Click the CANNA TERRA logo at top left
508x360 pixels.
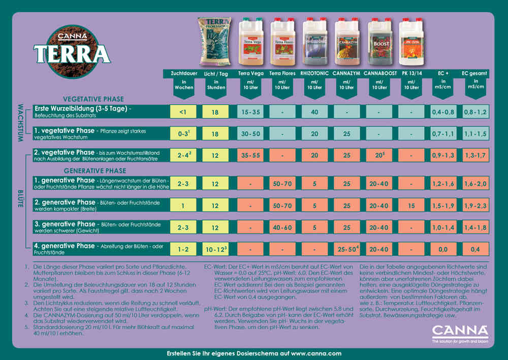point(72,49)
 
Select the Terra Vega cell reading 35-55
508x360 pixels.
point(250,155)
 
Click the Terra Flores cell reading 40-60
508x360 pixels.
point(283,227)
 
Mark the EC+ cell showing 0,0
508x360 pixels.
point(443,249)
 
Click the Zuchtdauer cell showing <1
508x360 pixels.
point(183,112)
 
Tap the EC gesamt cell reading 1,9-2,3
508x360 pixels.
point(475,206)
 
